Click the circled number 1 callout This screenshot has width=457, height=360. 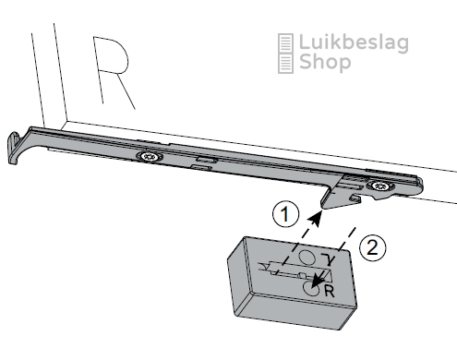coord(285,214)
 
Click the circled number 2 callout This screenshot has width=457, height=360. coord(372,247)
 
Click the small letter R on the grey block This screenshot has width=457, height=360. coord(329,291)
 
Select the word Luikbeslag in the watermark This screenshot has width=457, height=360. coord(354,43)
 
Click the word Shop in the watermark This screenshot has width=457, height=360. coord(325,63)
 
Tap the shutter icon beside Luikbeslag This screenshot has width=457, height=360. coord(285,54)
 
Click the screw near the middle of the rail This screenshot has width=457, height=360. coord(150,157)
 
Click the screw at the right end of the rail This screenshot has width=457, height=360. coord(379,186)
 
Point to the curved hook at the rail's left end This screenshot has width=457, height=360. coord(14,148)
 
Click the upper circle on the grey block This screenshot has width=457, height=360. coord(307,257)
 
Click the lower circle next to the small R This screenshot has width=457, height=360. coord(311,288)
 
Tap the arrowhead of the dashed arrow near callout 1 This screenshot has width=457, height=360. coord(316,218)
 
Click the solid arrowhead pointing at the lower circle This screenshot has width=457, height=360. coord(317,281)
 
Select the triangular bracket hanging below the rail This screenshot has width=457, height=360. coord(340,193)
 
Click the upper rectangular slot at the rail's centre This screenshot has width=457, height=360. coord(206,160)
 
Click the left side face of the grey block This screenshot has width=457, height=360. coord(239,277)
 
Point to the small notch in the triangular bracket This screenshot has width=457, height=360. coord(356,198)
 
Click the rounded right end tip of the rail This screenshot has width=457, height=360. coord(420,186)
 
